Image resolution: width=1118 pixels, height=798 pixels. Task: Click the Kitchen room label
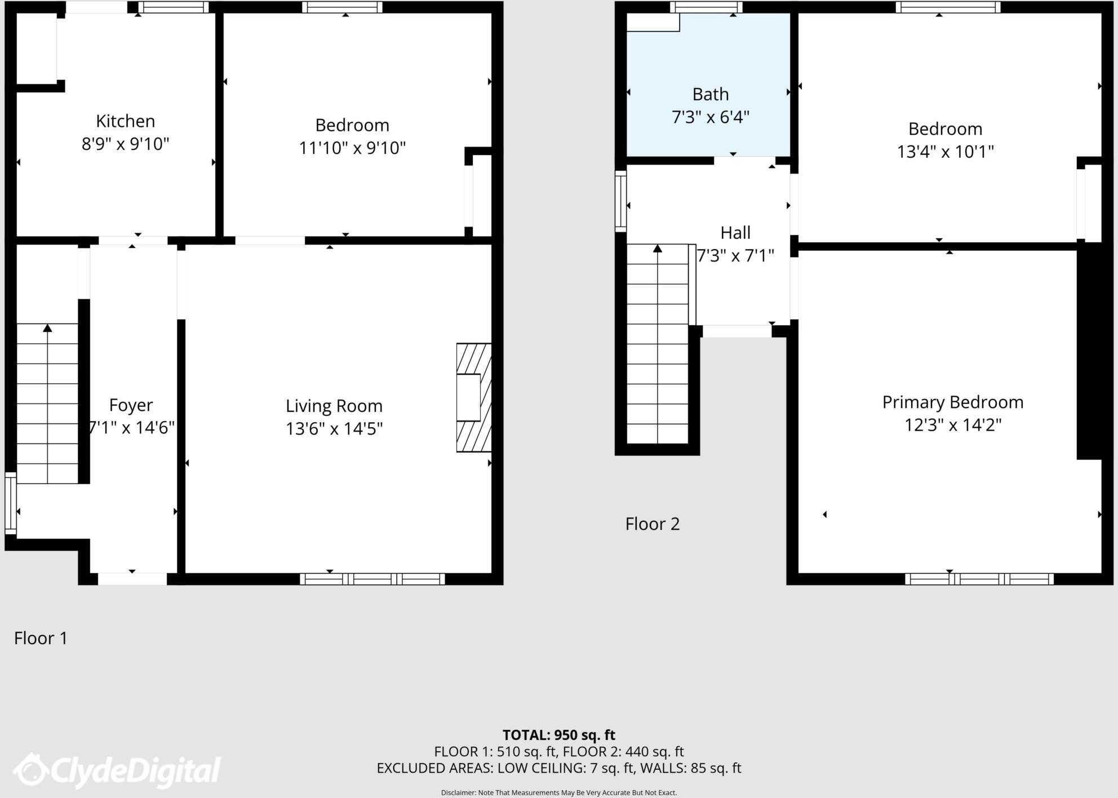tap(125, 121)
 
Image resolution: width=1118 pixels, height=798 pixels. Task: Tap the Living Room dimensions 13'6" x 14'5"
tap(334, 429)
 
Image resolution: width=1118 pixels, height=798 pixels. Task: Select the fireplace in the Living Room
tap(473, 397)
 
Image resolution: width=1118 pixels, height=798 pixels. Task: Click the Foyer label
tap(131, 405)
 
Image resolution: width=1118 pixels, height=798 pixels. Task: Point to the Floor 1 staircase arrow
tap(48, 328)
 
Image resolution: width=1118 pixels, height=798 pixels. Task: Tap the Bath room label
tap(710, 94)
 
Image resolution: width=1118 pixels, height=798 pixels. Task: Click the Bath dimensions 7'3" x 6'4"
tap(710, 117)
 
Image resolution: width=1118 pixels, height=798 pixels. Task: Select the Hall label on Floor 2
tap(735, 233)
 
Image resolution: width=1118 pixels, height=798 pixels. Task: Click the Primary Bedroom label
tap(952, 402)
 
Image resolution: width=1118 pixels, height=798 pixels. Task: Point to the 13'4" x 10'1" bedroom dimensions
tap(945, 152)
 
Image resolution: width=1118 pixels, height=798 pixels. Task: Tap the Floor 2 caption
tap(653, 524)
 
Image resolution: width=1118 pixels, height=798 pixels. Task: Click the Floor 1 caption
tap(41, 638)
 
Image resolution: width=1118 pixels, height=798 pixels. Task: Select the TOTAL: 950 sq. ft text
tap(558, 735)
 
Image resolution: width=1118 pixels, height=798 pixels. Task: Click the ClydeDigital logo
tap(117, 770)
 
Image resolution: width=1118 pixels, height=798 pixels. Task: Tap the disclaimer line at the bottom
tap(558, 792)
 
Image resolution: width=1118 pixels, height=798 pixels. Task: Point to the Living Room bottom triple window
tap(372, 579)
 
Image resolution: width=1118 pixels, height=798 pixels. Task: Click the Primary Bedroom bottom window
tap(979, 579)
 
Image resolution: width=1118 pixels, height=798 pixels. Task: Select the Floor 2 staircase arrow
tap(658, 249)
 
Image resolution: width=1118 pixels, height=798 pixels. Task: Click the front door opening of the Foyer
tap(132, 579)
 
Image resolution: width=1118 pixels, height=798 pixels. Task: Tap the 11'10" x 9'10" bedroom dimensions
tap(352, 148)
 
